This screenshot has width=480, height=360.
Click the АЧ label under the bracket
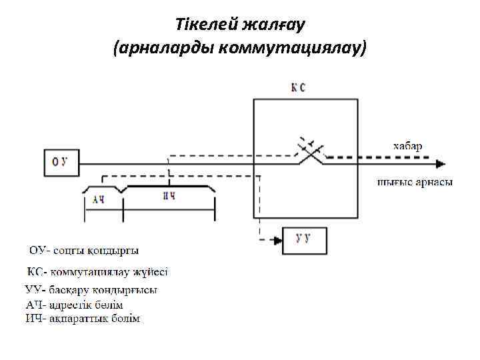click(99, 199)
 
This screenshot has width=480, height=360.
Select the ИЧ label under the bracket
click(169, 197)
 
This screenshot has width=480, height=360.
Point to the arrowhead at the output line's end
click(439, 162)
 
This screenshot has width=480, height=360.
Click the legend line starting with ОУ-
click(84, 251)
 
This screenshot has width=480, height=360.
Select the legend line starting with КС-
click(97, 273)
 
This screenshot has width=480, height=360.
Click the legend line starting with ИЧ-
click(83, 319)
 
